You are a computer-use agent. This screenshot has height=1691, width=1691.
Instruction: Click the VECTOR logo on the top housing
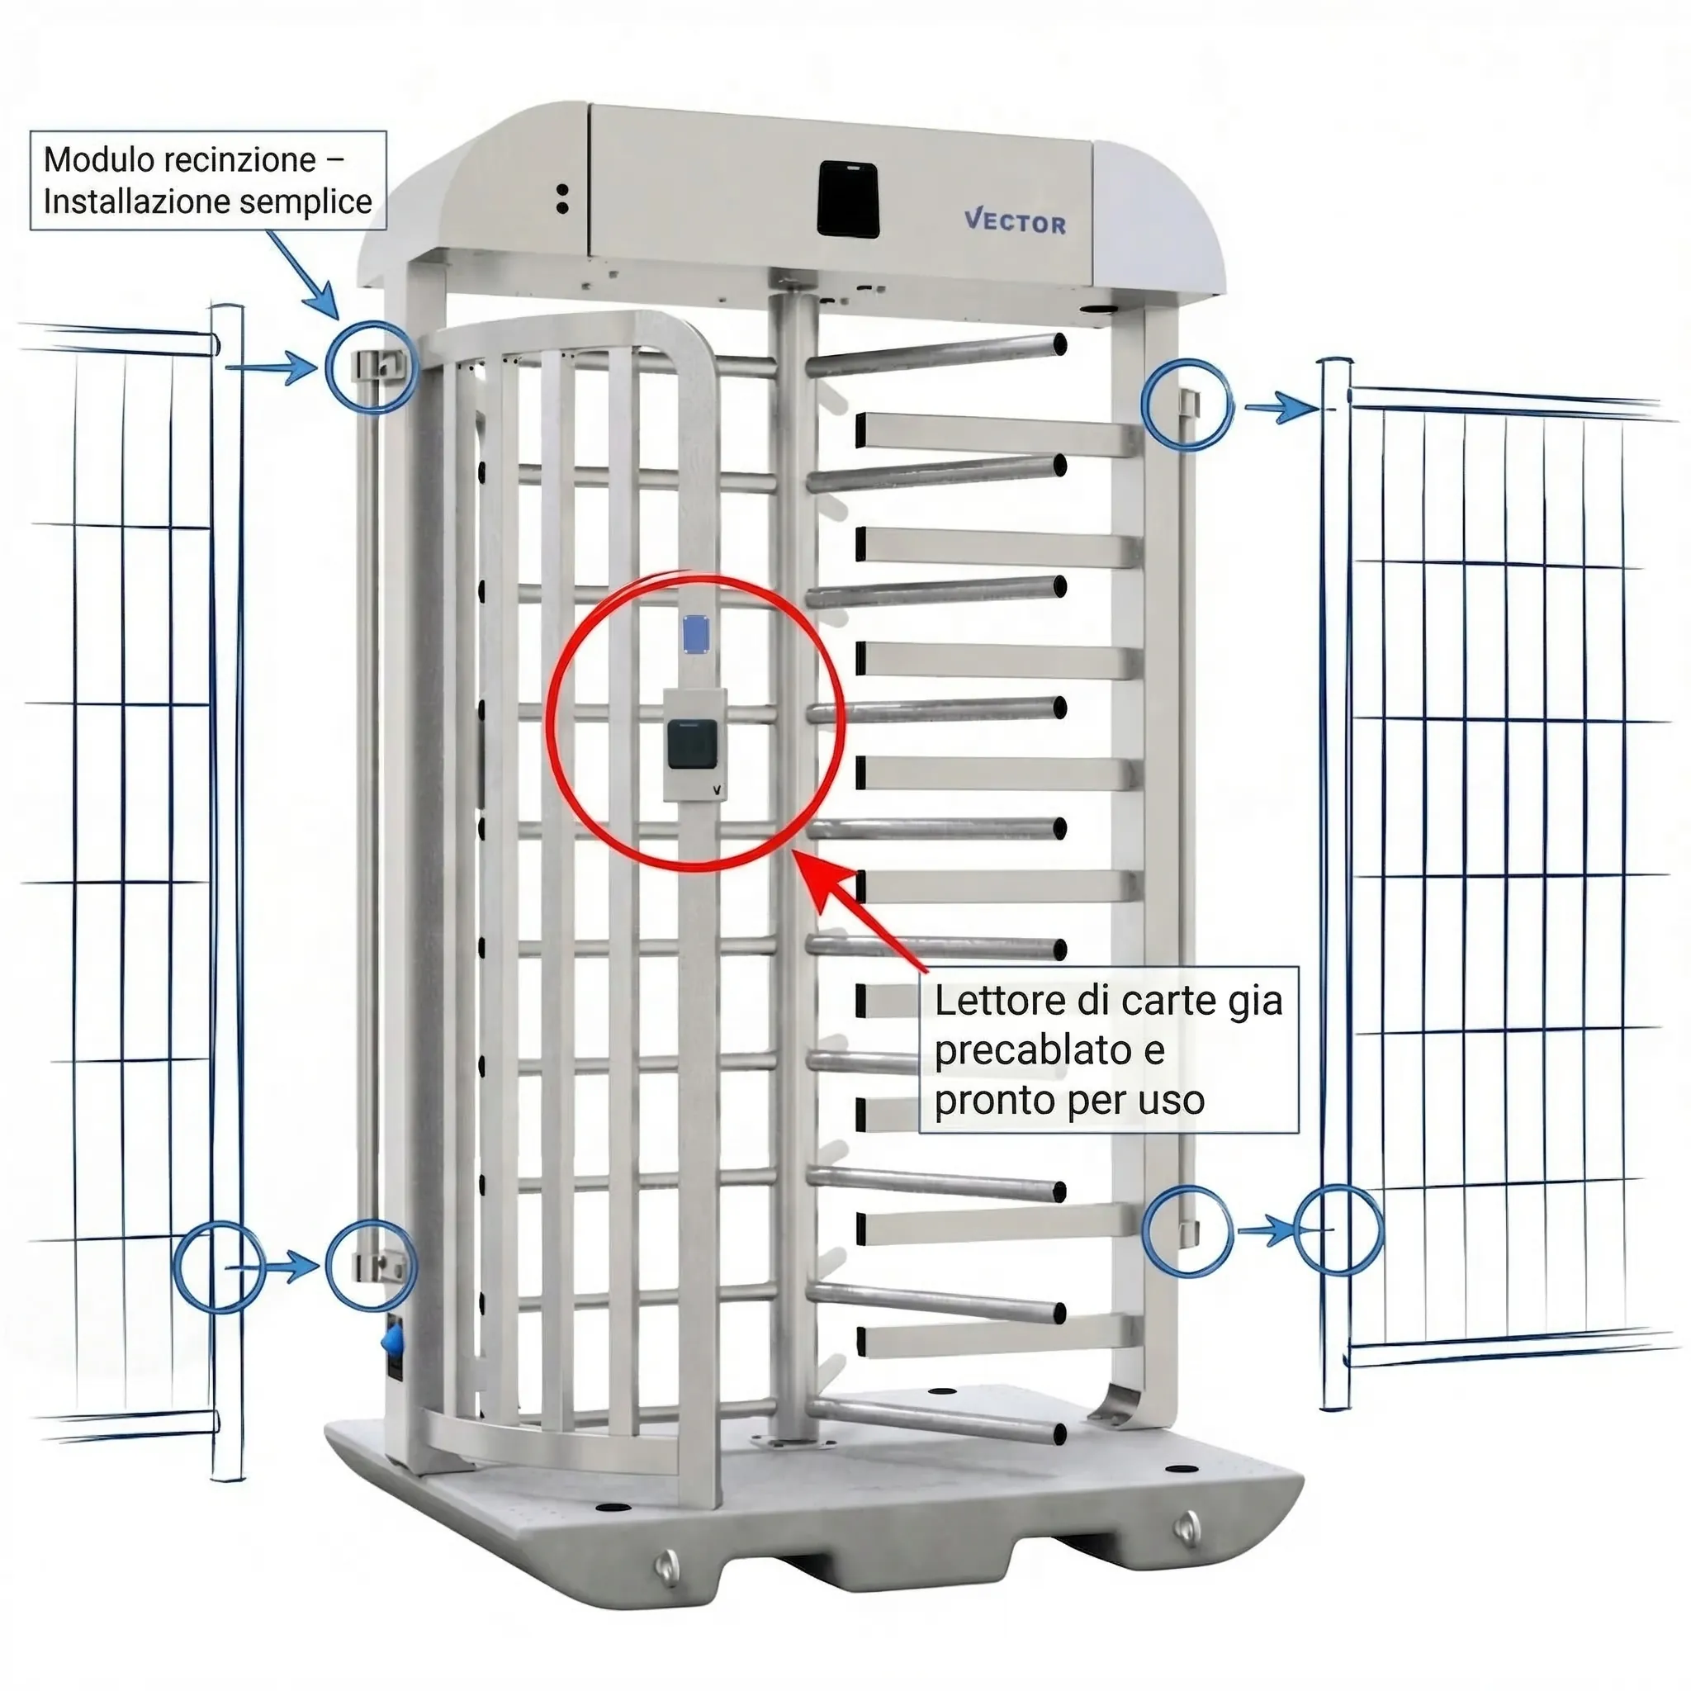1016,221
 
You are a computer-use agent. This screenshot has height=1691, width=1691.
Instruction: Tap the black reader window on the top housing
848,199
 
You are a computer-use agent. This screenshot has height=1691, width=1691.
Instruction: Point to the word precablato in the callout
1033,1050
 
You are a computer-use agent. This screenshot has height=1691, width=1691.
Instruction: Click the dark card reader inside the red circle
691,745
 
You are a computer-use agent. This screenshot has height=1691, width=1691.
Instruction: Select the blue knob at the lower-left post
392,1340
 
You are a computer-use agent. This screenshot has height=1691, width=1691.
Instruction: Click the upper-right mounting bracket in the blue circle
1187,404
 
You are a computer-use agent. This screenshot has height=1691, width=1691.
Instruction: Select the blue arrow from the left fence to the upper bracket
272,367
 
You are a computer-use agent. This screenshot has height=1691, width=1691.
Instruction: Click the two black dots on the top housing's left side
563,199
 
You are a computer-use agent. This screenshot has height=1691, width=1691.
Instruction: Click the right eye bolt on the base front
1187,1528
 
